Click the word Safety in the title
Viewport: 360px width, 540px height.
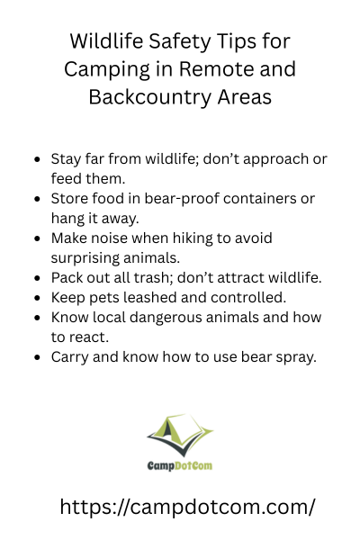pyautogui.click(x=176, y=42)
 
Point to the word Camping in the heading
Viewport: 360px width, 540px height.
pyautogui.click(x=107, y=70)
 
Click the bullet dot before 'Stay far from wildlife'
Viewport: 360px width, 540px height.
pyautogui.click(x=37, y=159)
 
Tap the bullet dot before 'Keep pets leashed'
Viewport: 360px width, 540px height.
pyautogui.click(x=37, y=298)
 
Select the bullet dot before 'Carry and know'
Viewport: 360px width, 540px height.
pyautogui.click(x=37, y=357)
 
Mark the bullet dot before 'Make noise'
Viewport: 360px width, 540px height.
pyautogui.click(x=37, y=238)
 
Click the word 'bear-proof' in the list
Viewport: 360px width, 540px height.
pyautogui.click(x=182, y=199)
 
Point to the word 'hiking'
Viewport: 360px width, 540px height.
pyautogui.click(x=193, y=238)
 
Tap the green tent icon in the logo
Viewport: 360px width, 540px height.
pyautogui.click(x=180, y=436)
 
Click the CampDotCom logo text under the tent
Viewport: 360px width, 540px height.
pyautogui.click(x=179, y=465)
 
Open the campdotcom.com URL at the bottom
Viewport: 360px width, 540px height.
pyautogui.click(x=187, y=507)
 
